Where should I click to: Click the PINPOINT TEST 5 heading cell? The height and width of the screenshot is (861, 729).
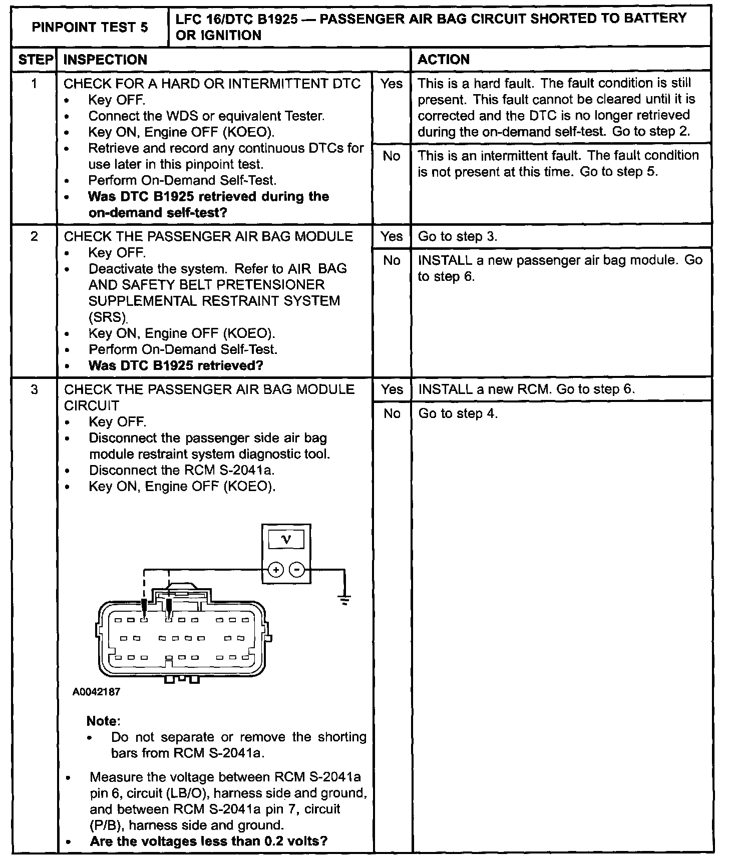point(90,27)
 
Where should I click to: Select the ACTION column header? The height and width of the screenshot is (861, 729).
point(444,60)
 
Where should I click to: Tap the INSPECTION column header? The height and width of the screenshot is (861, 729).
point(106,60)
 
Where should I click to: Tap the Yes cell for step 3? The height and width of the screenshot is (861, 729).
point(392,389)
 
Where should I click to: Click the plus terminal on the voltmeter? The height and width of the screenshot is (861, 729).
point(276,570)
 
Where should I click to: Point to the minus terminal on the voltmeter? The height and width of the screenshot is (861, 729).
point(297,570)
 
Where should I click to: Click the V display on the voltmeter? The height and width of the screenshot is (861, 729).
point(286,539)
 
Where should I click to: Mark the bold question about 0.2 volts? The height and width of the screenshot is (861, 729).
point(209,841)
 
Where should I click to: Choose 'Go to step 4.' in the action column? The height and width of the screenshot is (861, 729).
point(458,413)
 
